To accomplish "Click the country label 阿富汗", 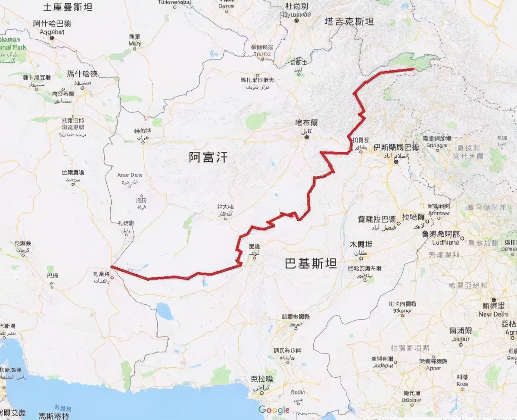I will (x=208, y=157).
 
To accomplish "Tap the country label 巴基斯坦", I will (x=311, y=263).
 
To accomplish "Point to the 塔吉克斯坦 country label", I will (x=349, y=22).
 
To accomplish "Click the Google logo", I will (x=274, y=410).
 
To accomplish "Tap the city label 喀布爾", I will (x=306, y=123).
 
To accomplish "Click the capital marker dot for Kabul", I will (x=307, y=137).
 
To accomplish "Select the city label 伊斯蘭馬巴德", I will (x=396, y=147).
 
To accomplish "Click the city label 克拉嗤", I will (x=262, y=379).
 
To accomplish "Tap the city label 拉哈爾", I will (x=414, y=217).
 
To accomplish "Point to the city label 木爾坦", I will (x=361, y=244).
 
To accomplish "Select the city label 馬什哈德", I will (x=82, y=74).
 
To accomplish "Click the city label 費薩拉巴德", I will (x=376, y=219).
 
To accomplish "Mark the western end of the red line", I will (x=111, y=266).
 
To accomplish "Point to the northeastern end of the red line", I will (x=413, y=69).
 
